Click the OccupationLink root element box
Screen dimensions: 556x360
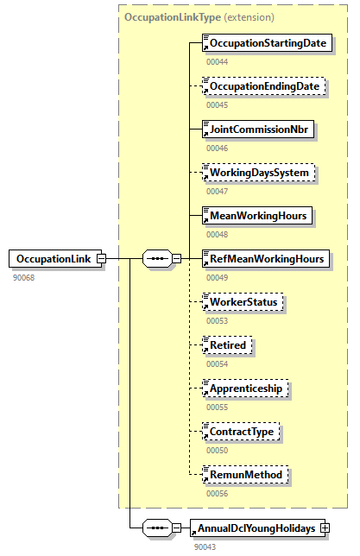click(x=53, y=259)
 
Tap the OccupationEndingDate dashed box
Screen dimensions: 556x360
click(x=263, y=86)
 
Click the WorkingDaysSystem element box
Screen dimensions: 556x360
click(x=258, y=173)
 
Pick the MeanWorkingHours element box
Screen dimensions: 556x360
click(x=256, y=216)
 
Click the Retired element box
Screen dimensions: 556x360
click(x=227, y=345)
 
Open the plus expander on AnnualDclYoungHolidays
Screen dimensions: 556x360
click(x=325, y=528)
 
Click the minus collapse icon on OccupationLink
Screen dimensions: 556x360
click(x=101, y=259)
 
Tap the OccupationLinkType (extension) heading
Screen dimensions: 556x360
click(x=199, y=16)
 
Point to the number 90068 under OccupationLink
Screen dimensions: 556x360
click(x=24, y=277)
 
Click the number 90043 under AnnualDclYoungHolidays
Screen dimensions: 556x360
click(x=205, y=546)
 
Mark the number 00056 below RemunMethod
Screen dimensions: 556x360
click(x=217, y=493)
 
